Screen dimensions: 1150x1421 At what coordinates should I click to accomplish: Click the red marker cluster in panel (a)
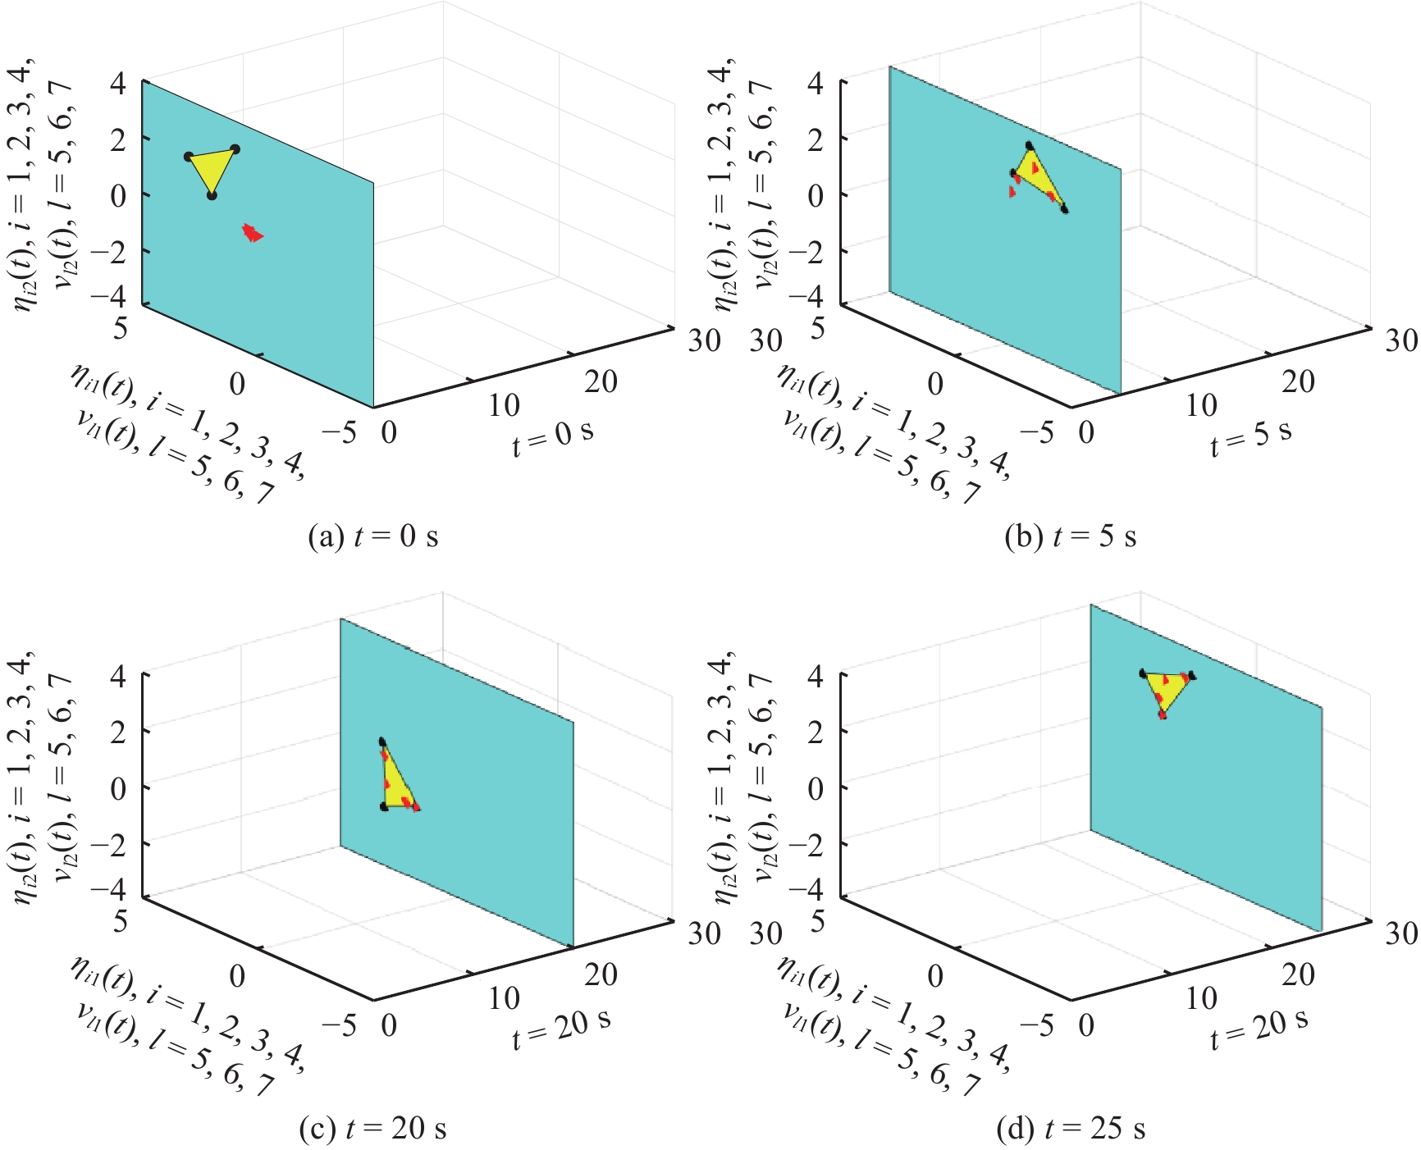coord(253,233)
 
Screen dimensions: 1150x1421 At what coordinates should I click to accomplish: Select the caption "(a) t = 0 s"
coord(372,536)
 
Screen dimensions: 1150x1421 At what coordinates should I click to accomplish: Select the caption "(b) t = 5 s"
coord(1071,536)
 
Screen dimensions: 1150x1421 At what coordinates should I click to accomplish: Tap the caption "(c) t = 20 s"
coord(372,1129)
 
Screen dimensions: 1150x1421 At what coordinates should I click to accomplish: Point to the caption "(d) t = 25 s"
coord(1071,1129)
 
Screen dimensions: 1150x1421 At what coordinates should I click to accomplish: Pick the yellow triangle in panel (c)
coord(395,784)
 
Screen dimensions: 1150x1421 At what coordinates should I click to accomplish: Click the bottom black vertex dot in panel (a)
coord(212,195)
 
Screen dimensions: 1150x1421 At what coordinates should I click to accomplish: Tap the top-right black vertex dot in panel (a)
coord(235,148)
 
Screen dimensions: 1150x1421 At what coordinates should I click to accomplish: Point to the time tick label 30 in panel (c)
coord(704,933)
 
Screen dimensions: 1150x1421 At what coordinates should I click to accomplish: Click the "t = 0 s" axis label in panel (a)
coord(553,436)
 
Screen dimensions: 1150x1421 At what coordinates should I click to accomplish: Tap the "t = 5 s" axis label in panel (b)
coord(1250,436)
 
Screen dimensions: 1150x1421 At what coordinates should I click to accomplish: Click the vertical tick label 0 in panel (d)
coord(816,788)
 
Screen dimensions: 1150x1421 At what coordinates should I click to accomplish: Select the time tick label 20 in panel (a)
coord(601,381)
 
